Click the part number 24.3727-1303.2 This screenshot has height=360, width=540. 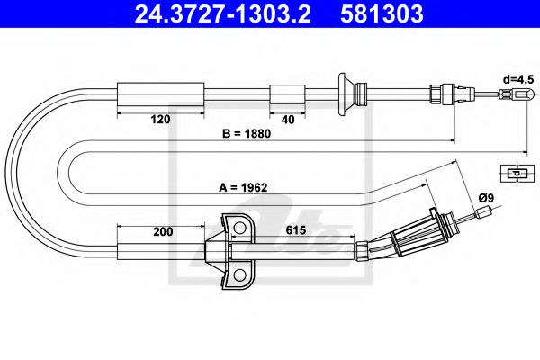[217, 13]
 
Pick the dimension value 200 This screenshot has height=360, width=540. [163, 231]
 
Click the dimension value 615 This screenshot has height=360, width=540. [295, 231]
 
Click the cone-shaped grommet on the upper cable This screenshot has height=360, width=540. [346, 93]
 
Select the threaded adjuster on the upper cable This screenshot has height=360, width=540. [442, 93]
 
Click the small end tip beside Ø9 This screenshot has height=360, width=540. [486, 213]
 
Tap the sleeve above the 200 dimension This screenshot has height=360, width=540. [162, 248]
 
